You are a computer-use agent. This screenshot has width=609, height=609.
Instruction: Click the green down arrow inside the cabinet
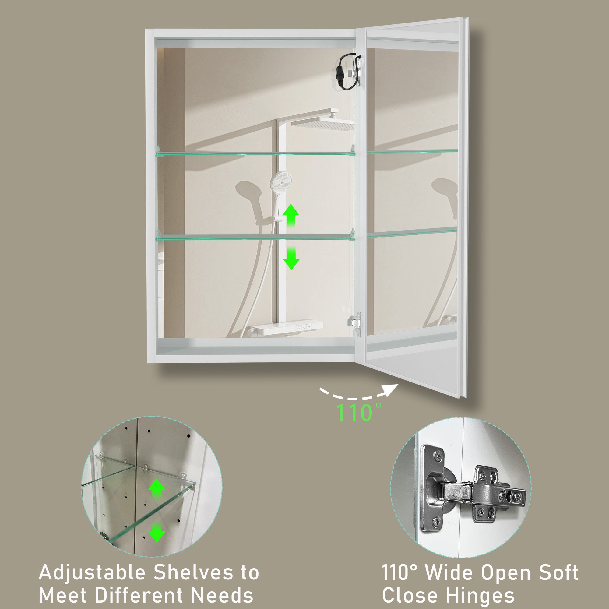(x=290, y=258)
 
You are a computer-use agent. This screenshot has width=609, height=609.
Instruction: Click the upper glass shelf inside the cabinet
(x=255, y=153)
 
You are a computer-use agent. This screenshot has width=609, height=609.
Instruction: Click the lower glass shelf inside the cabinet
(x=255, y=238)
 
